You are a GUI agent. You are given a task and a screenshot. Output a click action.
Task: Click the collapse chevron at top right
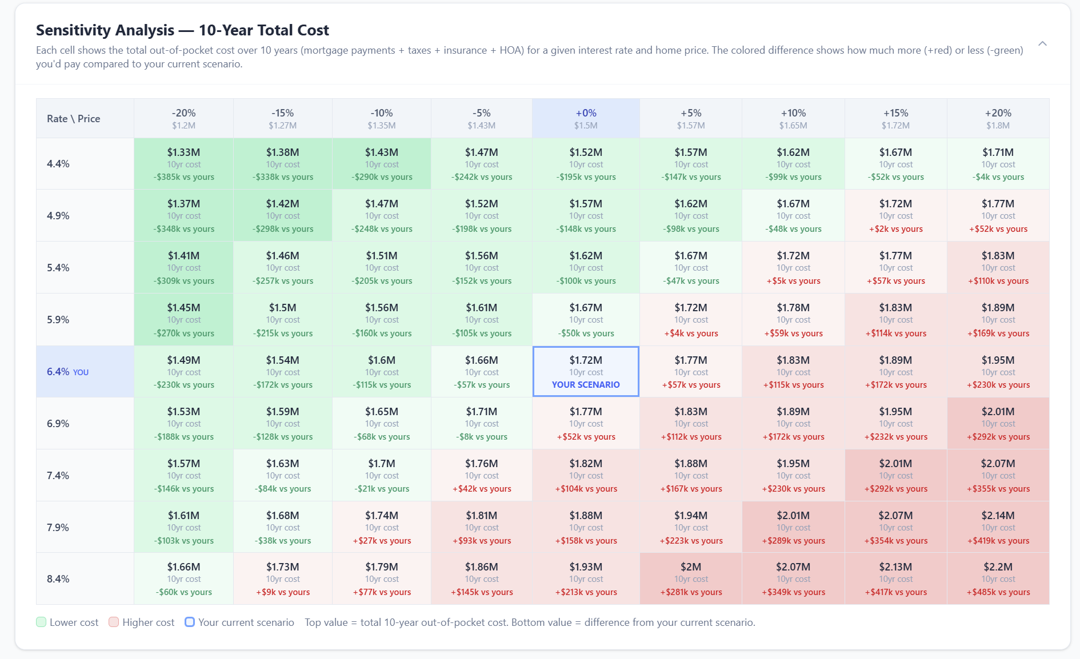click(1042, 43)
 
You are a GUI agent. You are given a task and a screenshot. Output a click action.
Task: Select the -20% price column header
click(183, 118)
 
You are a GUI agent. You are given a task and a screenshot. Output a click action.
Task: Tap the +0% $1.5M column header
click(586, 118)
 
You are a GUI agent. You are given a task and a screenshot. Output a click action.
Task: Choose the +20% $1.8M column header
click(998, 118)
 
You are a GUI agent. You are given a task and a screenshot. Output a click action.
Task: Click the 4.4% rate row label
click(58, 164)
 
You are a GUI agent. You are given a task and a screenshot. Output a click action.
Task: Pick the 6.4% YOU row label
click(67, 372)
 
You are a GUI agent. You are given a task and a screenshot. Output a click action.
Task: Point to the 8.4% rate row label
click(58, 578)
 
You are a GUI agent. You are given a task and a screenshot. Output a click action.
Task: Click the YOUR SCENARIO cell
click(586, 372)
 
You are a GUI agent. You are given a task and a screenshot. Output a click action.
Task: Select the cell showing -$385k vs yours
click(183, 164)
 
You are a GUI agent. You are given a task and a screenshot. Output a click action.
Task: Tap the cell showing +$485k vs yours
click(998, 578)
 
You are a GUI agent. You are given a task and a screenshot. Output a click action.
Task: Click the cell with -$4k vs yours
click(998, 164)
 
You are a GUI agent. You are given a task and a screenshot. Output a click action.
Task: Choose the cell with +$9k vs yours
click(283, 578)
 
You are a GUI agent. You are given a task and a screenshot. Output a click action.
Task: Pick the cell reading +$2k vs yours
click(895, 216)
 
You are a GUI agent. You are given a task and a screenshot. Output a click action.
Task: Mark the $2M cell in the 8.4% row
click(691, 578)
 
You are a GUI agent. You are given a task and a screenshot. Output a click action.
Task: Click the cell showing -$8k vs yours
click(482, 424)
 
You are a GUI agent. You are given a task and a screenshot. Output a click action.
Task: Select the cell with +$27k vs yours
click(382, 527)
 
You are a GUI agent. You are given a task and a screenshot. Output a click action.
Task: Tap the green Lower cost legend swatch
click(41, 622)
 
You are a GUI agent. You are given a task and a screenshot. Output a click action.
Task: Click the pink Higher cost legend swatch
click(114, 622)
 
